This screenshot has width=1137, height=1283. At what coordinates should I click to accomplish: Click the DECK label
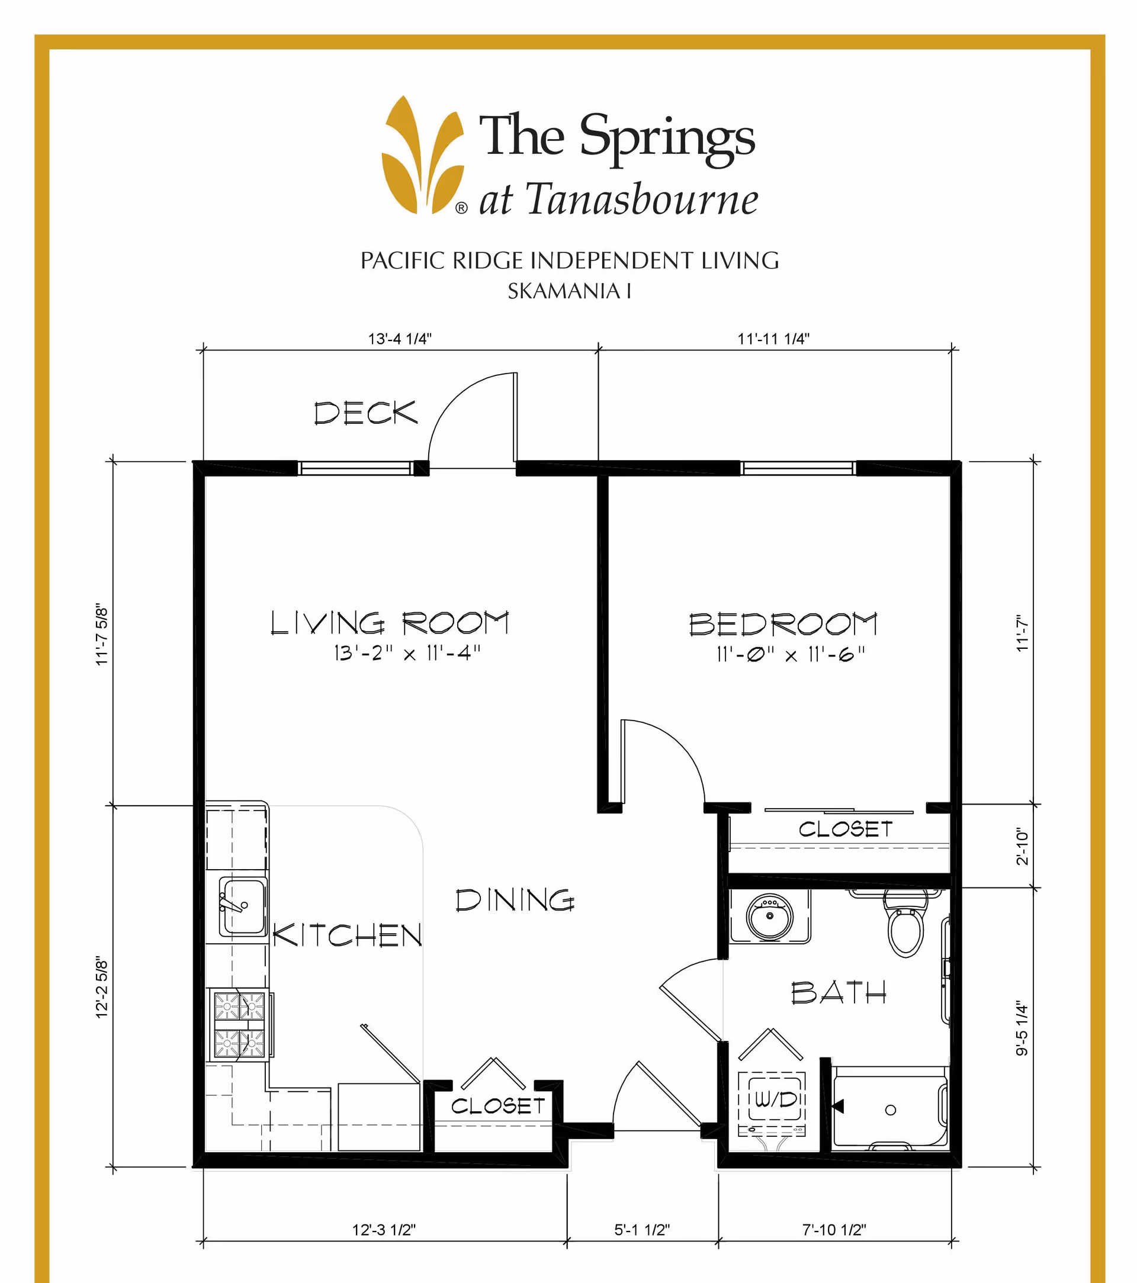365,413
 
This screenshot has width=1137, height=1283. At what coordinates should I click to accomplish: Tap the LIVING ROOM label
389,623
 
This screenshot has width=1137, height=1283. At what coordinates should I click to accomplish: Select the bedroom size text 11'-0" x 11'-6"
791,655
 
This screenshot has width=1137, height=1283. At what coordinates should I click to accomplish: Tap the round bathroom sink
769,917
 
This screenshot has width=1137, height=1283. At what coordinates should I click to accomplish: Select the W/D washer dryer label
775,1099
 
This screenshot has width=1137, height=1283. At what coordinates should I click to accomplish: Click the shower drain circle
890,1110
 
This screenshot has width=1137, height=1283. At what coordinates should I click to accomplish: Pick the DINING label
515,900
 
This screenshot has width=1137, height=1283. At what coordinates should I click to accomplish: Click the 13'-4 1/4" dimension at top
400,339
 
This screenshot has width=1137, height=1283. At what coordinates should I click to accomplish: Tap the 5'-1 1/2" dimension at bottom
642,1230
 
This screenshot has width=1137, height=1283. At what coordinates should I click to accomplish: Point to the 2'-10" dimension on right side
1023,846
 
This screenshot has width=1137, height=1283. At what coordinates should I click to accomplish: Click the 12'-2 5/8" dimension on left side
102,988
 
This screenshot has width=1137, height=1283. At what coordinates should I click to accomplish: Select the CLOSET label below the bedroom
845,829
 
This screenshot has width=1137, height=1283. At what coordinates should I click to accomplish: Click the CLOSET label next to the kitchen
498,1106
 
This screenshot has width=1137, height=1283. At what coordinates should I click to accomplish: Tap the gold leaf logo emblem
423,156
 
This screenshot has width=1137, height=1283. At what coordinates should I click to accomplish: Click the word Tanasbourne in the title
642,200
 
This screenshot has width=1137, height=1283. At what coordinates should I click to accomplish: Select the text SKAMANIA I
569,291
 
